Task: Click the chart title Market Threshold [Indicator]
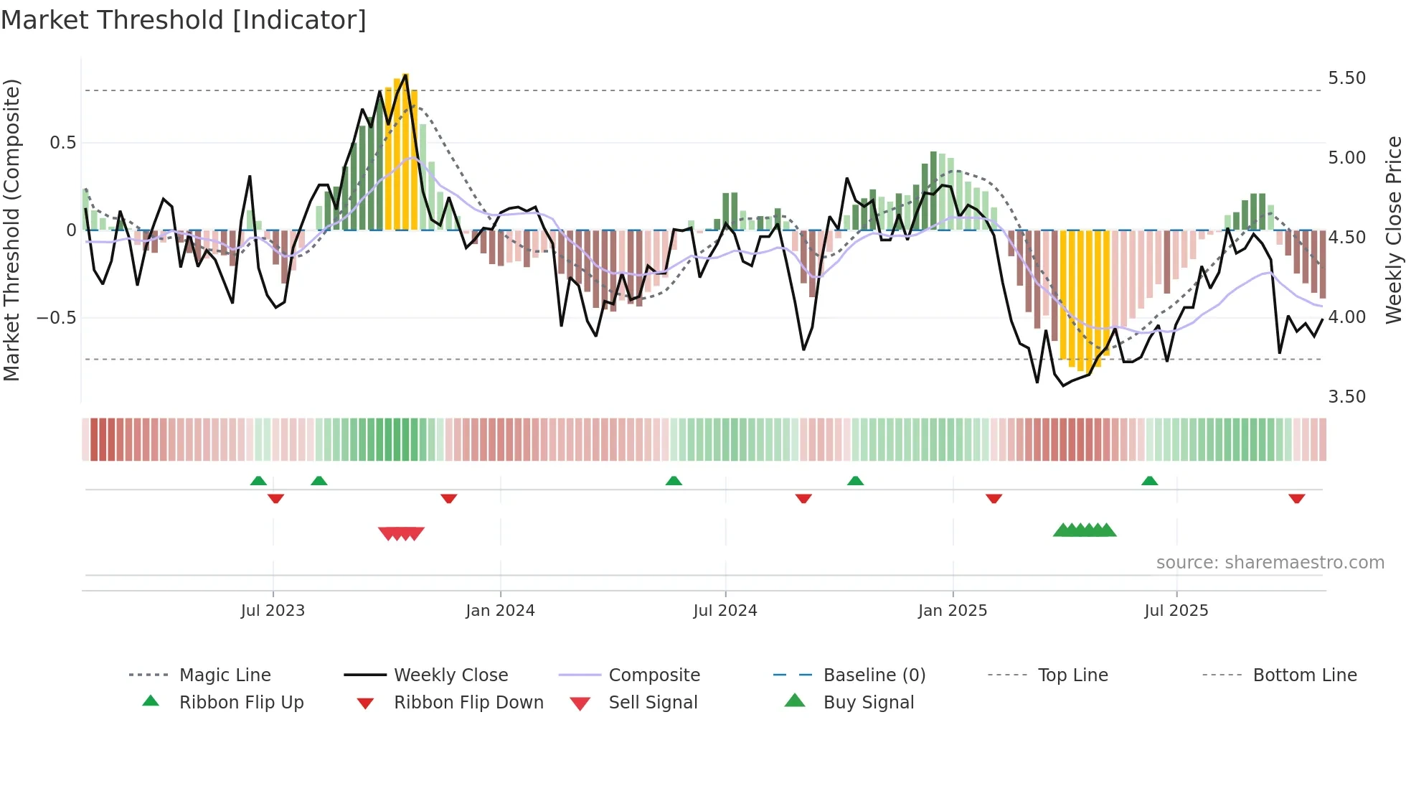[184, 20]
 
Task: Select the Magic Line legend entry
[225, 675]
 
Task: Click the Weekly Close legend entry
[450, 675]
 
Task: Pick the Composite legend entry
[654, 675]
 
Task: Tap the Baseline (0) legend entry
[874, 675]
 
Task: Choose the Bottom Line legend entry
[1304, 675]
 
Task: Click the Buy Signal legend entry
[868, 703]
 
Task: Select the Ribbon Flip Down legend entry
[468, 703]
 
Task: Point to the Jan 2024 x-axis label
[500, 611]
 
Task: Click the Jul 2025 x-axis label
[1176, 611]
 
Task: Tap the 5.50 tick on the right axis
[1346, 78]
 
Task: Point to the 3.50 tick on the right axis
[1346, 397]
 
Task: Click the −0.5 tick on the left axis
[56, 318]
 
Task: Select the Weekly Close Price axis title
[1393, 230]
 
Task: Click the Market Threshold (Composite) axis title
[11, 230]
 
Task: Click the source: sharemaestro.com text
[1270, 563]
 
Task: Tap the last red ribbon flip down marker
[1296, 499]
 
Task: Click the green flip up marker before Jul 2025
[1149, 481]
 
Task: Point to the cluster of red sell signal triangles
[402, 533]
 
